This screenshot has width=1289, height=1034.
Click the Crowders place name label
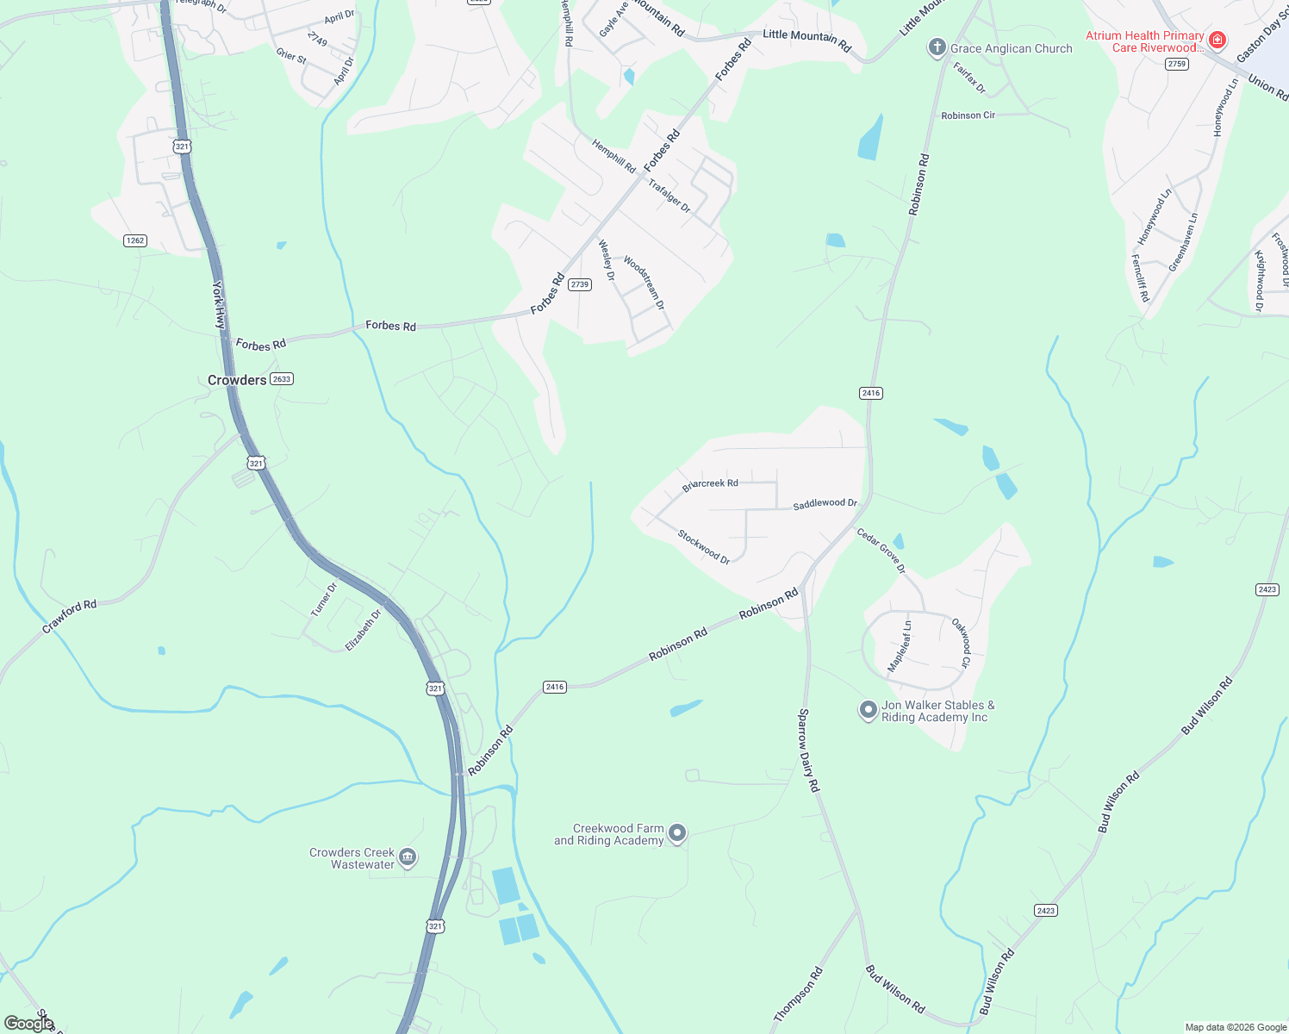coord(237,380)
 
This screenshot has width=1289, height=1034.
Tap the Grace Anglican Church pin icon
coord(937,47)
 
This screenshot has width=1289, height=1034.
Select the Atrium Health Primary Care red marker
coord(1217,40)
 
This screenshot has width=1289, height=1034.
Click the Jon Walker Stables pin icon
coord(868,710)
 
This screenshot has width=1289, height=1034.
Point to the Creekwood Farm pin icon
coord(677,832)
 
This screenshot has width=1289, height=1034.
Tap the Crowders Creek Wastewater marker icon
coord(408,857)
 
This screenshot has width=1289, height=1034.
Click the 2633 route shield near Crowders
coord(282,379)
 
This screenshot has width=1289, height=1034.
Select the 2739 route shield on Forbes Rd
coord(580,284)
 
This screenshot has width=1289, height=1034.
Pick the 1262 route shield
coord(135,240)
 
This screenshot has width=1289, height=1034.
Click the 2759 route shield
coord(1176,64)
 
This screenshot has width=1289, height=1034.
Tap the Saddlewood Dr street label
coord(825,503)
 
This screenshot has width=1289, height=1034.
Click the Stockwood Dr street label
coord(703,547)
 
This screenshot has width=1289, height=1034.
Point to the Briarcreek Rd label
coord(710,484)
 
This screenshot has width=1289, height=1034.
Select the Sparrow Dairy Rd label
coord(808,750)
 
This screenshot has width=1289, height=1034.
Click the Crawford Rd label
coord(70,617)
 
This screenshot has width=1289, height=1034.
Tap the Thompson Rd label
coord(798,994)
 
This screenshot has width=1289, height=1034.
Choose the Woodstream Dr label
coord(644,283)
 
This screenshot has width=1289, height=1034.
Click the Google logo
coord(28,1024)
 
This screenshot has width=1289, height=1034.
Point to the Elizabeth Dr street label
coord(363,630)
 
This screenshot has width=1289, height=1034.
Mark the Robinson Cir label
coord(968,115)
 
